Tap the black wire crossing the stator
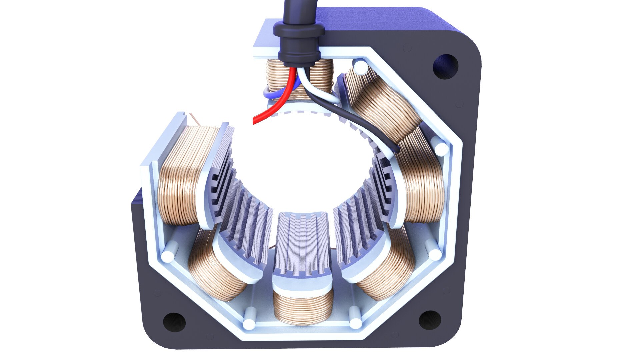click(367, 127)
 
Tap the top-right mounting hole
click(446, 67)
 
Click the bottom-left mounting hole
click(174, 322)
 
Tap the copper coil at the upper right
click(383, 100)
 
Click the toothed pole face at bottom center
click(302, 247)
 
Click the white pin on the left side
click(167, 256)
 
